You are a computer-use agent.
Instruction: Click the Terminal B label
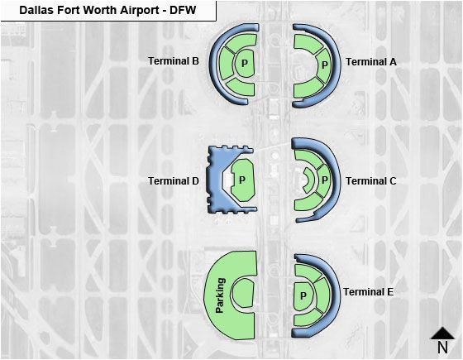point(174,61)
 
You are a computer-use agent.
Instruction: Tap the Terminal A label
point(371,62)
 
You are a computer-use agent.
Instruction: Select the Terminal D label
point(174,181)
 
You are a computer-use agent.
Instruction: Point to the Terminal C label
point(371,181)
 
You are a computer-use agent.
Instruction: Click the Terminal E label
point(368,292)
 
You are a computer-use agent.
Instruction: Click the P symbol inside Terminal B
point(245,63)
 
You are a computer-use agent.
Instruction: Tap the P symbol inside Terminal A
point(325,65)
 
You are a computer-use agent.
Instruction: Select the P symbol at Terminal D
point(242,180)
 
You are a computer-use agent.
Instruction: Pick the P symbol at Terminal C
point(325,180)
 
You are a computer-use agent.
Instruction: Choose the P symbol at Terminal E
point(303,295)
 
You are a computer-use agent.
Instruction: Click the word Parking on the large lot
point(220,295)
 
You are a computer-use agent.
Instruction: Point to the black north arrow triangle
point(442,333)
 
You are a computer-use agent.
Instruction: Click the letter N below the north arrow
point(442,348)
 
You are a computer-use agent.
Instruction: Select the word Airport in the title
point(141,11)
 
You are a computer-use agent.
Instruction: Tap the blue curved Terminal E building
point(335,295)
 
